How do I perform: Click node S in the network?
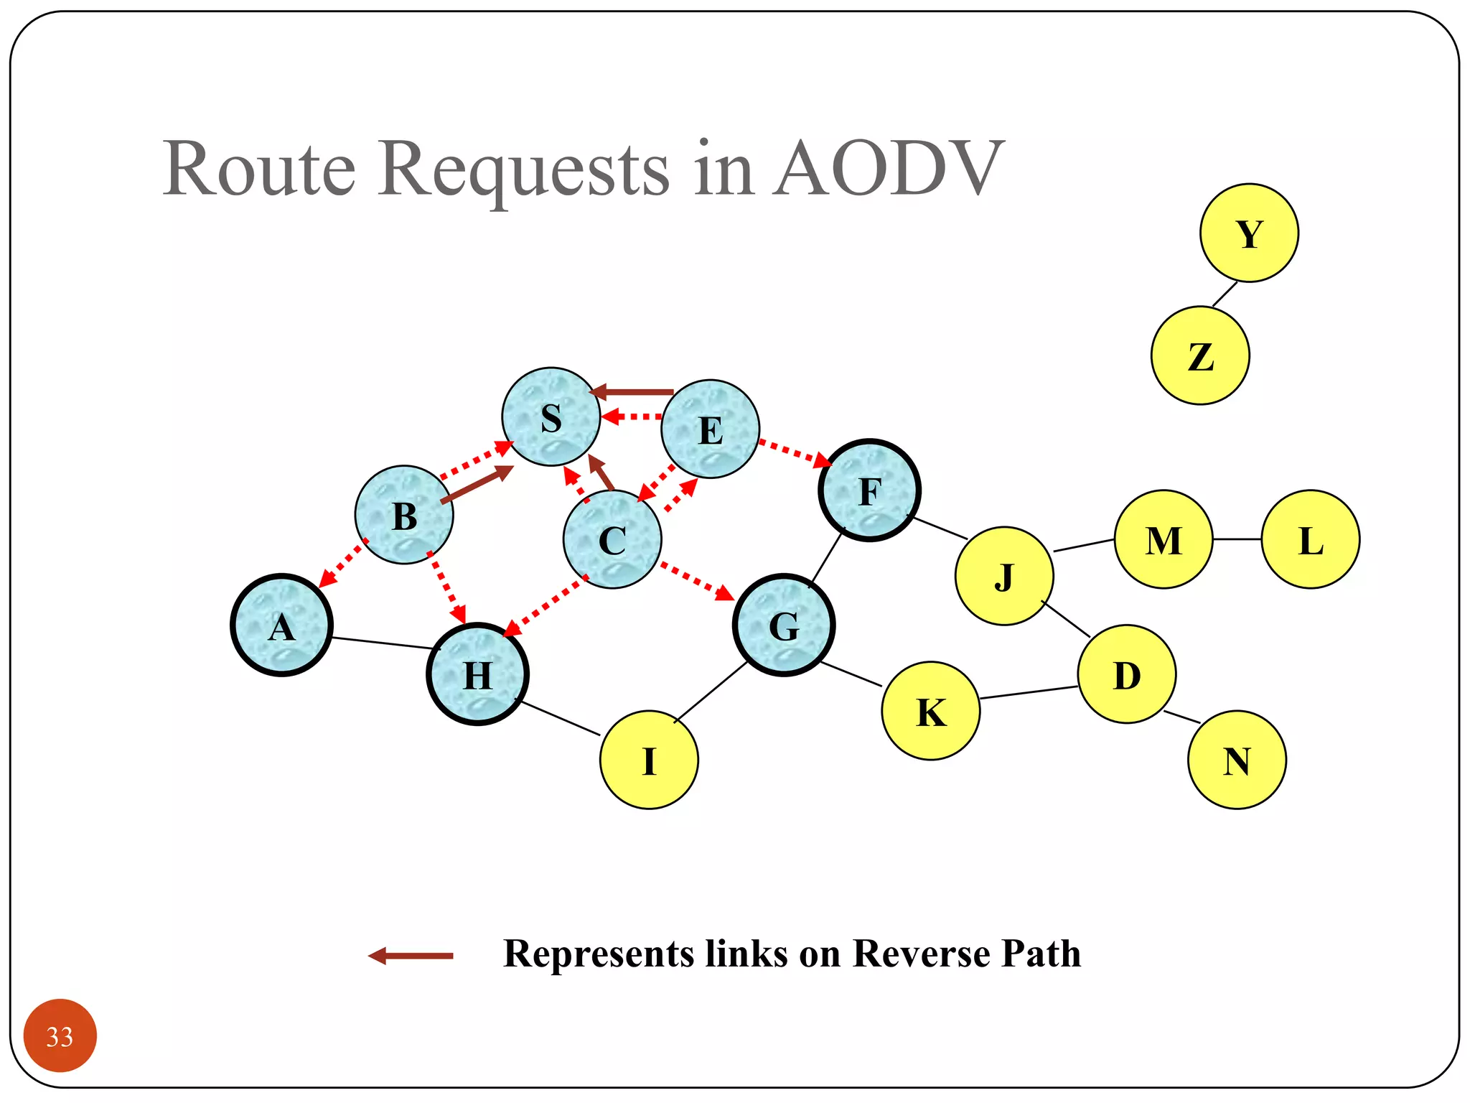[x=551, y=416]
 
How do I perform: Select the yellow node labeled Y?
[x=1249, y=233]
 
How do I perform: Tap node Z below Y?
[x=1200, y=355]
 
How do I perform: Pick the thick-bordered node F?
[x=869, y=490]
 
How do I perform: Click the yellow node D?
[x=1127, y=674]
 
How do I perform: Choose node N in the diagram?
[x=1237, y=760]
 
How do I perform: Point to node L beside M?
[x=1311, y=539]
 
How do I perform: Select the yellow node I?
[x=649, y=760]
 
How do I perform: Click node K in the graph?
[x=931, y=711]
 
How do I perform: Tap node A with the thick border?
[x=281, y=625]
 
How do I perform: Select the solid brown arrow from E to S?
[x=632, y=392]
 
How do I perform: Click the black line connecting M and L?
[x=1237, y=539]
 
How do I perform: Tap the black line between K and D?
[x=1029, y=692]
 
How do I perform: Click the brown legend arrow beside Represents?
[x=411, y=956]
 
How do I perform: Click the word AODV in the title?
[x=888, y=169]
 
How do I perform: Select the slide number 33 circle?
[x=60, y=1035]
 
